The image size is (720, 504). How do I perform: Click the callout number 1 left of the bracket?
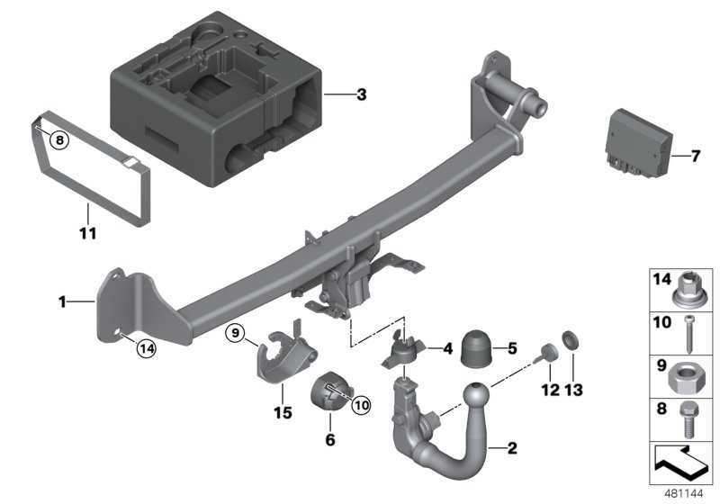click(63, 303)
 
